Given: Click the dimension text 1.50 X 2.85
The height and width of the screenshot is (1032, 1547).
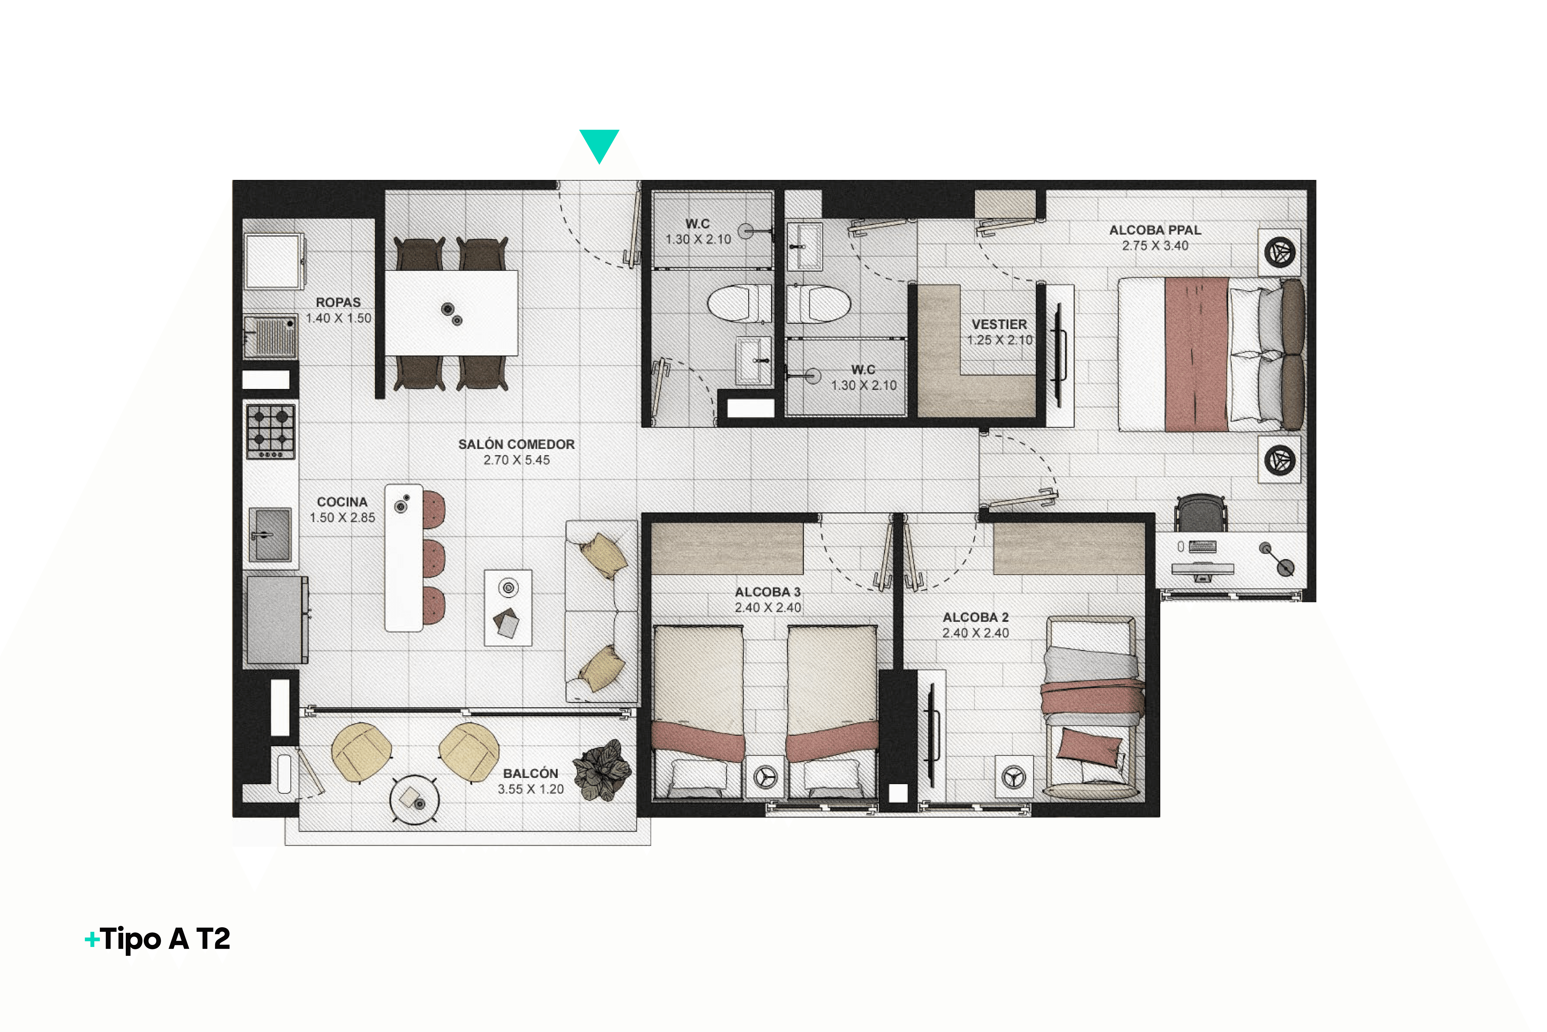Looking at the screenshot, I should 342,518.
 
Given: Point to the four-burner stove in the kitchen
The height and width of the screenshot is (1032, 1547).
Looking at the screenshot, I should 271,431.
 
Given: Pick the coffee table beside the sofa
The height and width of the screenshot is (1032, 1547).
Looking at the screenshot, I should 508,608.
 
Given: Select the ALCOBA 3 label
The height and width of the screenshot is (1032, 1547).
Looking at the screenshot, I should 768,592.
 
